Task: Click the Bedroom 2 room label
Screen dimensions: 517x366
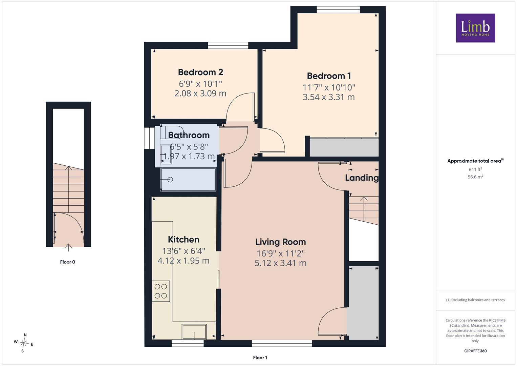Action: pos(200,72)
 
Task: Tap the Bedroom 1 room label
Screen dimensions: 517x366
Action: pos(329,76)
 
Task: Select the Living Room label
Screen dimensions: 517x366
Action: pos(280,242)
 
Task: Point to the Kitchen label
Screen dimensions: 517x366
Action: pos(184,240)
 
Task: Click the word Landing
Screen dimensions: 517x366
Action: pos(362,178)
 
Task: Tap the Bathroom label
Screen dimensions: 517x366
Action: pos(189,135)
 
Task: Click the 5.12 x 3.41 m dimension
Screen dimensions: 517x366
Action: pos(280,263)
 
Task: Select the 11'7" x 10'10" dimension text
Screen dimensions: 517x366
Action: pos(329,87)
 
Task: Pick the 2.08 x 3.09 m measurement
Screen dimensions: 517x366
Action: pos(200,93)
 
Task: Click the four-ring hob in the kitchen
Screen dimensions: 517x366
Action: pos(160,291)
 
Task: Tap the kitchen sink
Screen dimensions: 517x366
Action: pos(194,332)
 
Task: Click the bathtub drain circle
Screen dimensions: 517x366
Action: pos(170,180)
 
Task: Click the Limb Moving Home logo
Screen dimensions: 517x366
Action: pos(475,28)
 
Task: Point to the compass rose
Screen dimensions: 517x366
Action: pos(24,343)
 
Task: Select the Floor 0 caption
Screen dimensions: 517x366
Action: pos(67,262)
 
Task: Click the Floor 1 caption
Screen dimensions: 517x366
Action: pos(260,358)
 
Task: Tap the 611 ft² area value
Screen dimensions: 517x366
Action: pos(475,169)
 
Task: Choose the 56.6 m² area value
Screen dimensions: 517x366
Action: pos(475,177)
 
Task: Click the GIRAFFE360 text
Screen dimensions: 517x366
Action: pos(475,351)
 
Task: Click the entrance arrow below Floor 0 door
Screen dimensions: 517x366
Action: pos(68,247)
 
